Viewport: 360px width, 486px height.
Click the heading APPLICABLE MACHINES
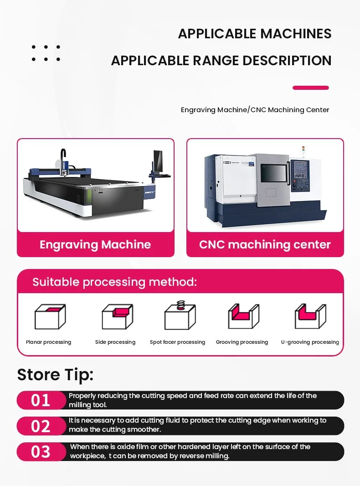click(255, 33)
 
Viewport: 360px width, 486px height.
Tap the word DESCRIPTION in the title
click(287, 61)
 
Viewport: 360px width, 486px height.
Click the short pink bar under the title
click(310, 88)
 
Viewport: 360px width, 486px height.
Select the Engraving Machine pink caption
click(95, 244)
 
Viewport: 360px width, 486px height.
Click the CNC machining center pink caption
click(265, 244)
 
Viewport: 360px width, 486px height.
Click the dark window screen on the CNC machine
click(273, 173)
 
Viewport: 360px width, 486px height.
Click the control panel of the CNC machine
click(300, 176)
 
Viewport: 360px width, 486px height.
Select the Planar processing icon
click(50, 316)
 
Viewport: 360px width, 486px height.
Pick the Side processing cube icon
click(118, 316)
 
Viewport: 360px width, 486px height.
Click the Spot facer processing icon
click(180, 315)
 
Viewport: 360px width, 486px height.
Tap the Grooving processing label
click(242, 342)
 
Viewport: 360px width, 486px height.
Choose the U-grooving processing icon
click(310, 316)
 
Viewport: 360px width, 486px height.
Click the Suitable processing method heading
click(115, 282)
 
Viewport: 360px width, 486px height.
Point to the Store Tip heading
click(55, 374)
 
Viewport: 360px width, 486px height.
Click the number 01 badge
click(41, 400)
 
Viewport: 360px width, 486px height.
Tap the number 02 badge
click(41, 426)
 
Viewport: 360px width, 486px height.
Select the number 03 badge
click(41, 452)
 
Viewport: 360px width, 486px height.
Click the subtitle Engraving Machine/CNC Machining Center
click(255, 110)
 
